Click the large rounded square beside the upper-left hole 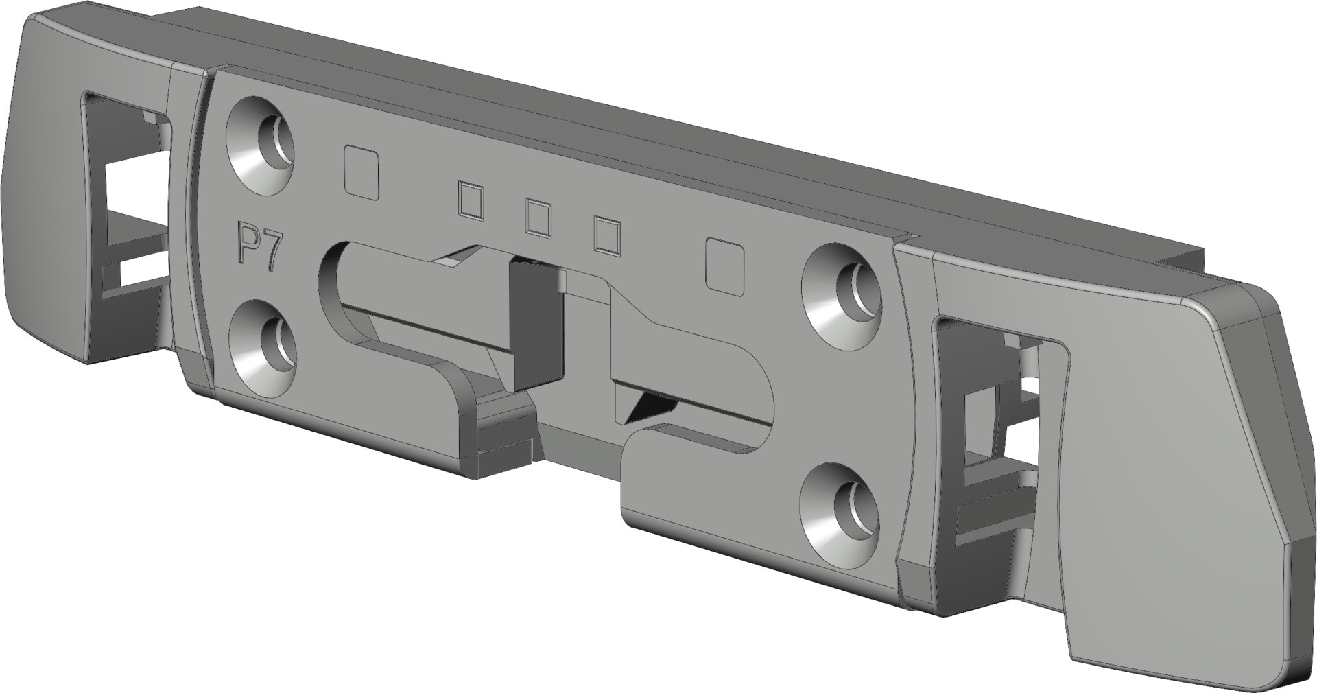[362, 172]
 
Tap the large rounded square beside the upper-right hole [725, 268]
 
